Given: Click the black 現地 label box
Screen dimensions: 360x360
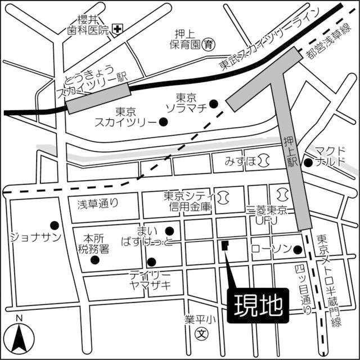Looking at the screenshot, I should pos(258,307).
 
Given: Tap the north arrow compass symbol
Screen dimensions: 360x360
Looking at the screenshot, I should pos(20,338).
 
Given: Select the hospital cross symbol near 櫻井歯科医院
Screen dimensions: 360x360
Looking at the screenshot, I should pos(118,29).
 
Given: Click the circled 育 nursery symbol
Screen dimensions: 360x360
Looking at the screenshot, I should pos(209,43).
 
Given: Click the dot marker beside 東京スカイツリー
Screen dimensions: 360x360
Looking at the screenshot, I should pos(163,120).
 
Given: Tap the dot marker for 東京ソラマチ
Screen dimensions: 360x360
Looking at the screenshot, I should pos(214,103).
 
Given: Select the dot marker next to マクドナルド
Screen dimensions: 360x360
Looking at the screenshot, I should pos(308,163).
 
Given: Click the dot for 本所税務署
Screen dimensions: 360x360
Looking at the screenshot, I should pos(95,260).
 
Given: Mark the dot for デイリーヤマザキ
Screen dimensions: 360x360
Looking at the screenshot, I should pos(151,262).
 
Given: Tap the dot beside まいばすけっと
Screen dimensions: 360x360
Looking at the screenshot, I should pos(169,229).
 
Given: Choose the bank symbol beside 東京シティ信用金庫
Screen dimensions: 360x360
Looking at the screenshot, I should pos(223,196).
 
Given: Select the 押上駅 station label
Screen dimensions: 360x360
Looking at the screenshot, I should pos(290,151).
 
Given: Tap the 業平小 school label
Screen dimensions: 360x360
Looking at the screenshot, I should pos(200,319).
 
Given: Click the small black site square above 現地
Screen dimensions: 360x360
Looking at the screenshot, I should pos(226,245).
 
